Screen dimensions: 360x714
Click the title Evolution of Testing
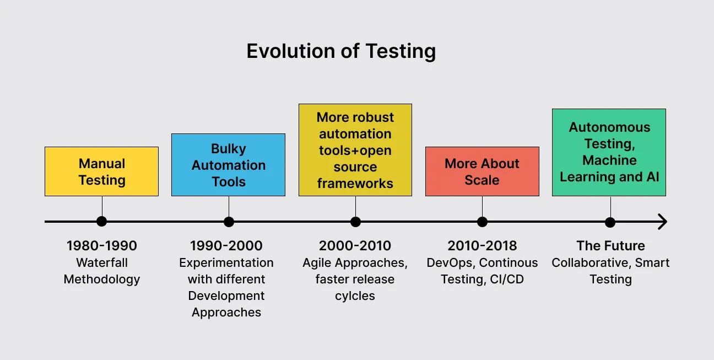[x=341, y=51]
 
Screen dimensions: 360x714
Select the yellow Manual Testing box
[x=101, y=171]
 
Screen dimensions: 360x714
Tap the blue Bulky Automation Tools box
[x=228, y=165]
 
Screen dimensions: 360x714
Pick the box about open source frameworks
[x=355, y=150]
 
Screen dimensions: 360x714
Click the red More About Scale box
[x=482, y=171]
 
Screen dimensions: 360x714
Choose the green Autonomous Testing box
[x=609, y=152]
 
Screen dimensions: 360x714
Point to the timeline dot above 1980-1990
[x=101, y=222]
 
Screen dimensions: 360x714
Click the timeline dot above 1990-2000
[x=229, y=222]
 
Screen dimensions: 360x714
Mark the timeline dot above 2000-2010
[x=355, y=222]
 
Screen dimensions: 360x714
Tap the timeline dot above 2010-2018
[x=482, y=222]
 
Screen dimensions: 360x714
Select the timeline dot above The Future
[x=610, y=222]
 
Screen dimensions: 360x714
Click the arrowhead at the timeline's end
[x=662, y=222]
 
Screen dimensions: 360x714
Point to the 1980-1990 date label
[x=101, y=246]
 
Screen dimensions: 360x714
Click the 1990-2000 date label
[x=226, y=246]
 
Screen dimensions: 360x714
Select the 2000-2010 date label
[x=355, y=246]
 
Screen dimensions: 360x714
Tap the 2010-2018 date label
[x=482, y=246]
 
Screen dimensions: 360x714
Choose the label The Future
[x=610, y=246]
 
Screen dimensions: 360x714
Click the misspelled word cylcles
[x=355, y=296]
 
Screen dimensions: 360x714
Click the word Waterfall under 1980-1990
[x=101, y=263]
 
